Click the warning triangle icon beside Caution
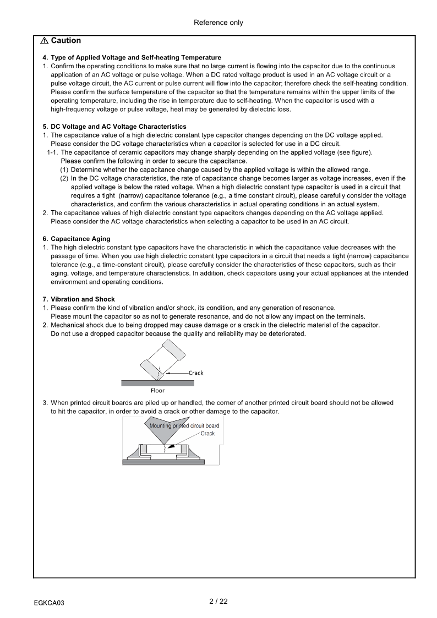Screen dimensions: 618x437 click(44, 41)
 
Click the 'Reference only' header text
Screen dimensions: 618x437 click(218, 23)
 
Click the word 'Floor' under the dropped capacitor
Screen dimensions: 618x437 click(157, 391)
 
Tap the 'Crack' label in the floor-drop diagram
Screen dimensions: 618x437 click(196, 373)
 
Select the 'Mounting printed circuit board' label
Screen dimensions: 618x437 click(184, 426)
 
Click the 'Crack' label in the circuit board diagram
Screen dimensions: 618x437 click(207, 434)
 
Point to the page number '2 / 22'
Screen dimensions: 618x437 click(218, 601)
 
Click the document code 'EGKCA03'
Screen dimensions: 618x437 click(49, 603)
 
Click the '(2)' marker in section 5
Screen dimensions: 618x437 click(64, 178)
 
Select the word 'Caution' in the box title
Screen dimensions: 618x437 click(66, 41)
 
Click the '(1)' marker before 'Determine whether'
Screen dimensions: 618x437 click(64, 169)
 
